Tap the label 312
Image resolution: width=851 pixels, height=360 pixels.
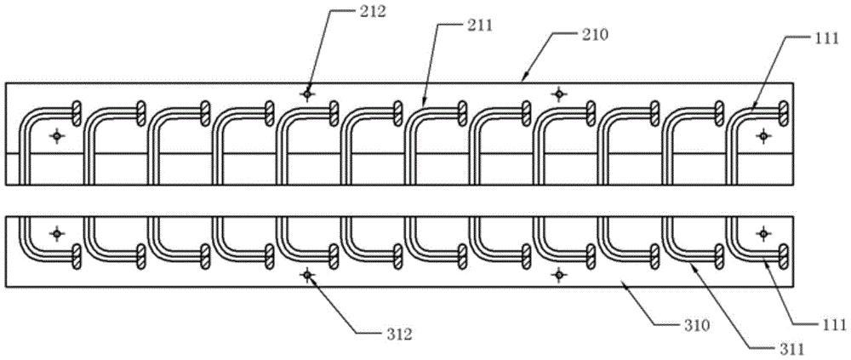click(x=398, y=334)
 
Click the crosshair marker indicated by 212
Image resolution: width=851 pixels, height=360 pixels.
click(x=307, y=94)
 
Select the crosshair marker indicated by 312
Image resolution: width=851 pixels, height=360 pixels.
click(x=307, y=274)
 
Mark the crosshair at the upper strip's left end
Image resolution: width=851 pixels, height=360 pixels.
click(x=57, y=135)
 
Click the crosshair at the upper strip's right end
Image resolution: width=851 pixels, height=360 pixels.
click(x=763, y=135)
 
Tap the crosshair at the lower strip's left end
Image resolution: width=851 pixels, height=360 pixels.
click(x=57, y=232)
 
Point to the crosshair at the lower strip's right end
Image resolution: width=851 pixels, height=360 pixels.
click(x=763, y=232)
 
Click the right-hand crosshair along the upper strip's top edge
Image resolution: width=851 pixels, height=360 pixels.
click(x=558, y=94)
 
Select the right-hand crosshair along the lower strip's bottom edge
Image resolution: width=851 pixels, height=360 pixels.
click(x=558, y=274)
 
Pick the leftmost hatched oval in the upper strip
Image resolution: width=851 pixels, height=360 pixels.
click(x=77, y=111)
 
